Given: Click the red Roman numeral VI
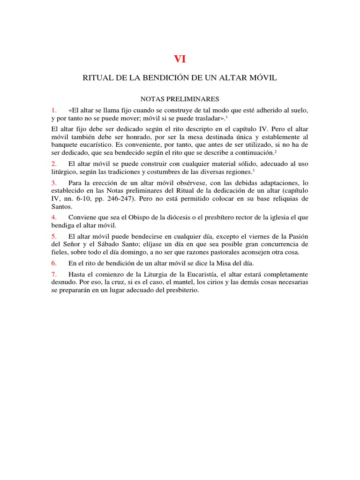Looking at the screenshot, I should coord(180,59).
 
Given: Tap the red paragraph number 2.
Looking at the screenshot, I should coord(54,164).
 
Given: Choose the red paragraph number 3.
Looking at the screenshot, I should coord(54,182).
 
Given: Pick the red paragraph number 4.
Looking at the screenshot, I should coord(54,217).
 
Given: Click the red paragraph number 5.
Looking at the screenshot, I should coord(54,235).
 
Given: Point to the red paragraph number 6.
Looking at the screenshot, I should coord(54,263).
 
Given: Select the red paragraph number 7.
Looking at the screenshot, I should coord(54,274).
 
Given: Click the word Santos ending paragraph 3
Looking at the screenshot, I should coord(61,207).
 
